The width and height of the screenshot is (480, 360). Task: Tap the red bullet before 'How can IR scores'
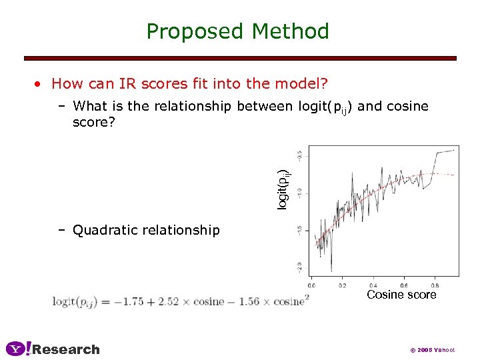40,84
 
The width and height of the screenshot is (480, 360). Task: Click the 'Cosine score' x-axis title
401,295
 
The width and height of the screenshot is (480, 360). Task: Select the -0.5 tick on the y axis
301,154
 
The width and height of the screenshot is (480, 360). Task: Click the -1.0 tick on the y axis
301,192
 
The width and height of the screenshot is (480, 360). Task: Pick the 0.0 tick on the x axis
311,285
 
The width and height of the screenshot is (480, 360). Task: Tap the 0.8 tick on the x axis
435,285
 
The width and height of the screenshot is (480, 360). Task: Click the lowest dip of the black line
331,271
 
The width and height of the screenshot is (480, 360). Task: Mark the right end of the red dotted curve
455,175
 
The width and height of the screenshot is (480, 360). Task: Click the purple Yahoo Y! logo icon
19,349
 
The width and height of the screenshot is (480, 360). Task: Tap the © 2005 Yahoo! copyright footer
433,350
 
